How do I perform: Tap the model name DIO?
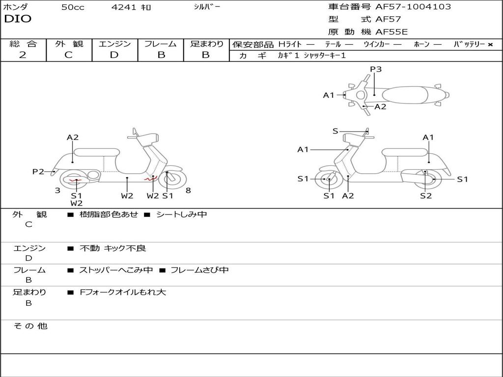(x=18, y=19)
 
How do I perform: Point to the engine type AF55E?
(x=391, y=32)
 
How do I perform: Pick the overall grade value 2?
(x=23, y=55)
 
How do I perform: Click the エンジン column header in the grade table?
(x=114, y=44)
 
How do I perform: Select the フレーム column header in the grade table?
(x=161, y=44)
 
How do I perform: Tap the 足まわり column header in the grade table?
(x=206, y=44)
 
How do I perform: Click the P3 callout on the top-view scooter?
(x=376, y=69)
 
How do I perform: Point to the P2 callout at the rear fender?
(x=38, y=171)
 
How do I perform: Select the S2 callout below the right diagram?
(x=425, y=196)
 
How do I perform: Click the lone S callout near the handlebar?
(x=335, y=131)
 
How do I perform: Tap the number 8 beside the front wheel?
(x=188, y=190)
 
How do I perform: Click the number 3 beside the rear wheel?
(x=57, y=190)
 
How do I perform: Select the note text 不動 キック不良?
(x=112, y=248)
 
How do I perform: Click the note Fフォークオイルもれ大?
(x=123, y=292)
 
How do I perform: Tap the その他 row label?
(x=30, y=326)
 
